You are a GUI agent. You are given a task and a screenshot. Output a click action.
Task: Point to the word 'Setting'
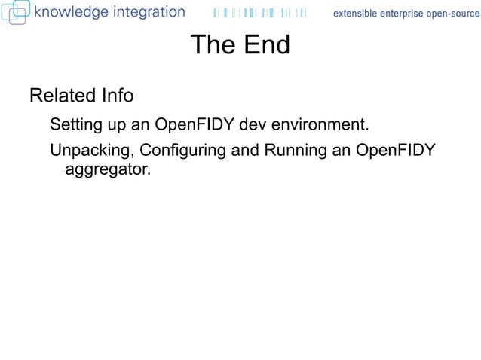pyautogui.click(x=76, y=124)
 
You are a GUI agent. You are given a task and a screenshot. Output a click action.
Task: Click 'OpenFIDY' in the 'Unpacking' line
pyautogui.click(x=395, y=150)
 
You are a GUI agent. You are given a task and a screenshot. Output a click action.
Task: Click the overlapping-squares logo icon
pyautogui.click(x=15, y=11)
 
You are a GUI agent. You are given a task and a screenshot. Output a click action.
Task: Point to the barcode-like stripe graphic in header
pyautogui.click(x=259, y=13)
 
